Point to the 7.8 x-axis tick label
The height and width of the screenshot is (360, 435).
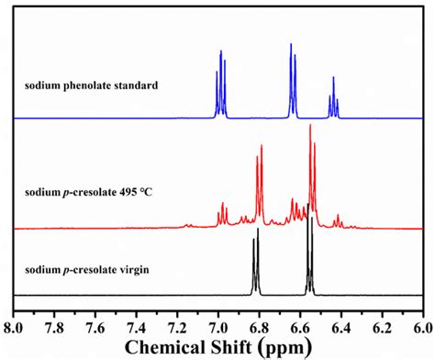(55, 325)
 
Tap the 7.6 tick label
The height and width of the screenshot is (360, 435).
(95, 325)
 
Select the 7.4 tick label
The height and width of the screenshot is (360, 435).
(137, 325)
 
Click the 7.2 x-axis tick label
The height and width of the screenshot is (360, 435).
(177, 325)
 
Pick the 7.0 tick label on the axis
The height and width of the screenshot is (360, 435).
(217, 325)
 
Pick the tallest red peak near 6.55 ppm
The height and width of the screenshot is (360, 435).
(310, 170)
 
